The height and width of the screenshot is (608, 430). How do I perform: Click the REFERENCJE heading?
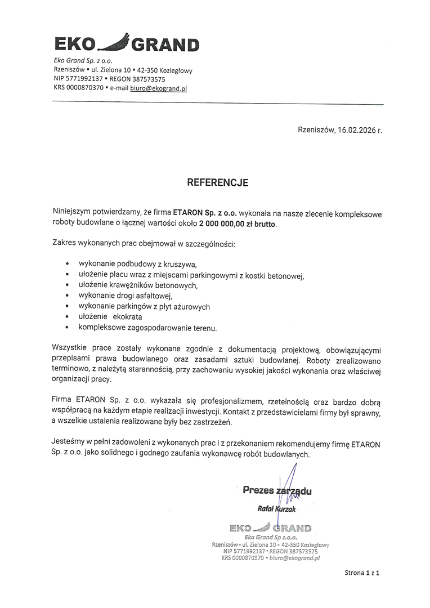[217, 183]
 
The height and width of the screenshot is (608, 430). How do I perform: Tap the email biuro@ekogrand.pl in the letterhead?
[159, 88]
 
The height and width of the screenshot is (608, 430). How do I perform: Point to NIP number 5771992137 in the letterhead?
[84, 79]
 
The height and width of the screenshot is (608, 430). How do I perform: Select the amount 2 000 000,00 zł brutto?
[238, 223]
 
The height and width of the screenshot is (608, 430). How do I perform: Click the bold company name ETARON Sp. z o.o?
[205, 213]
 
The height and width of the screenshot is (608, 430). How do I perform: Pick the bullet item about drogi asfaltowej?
[125, 296]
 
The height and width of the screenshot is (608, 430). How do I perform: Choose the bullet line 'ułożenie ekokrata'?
[110, 317]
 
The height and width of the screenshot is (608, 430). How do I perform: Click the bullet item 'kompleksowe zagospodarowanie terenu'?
[147, 328]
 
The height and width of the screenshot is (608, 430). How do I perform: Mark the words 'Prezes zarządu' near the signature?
[277, 490]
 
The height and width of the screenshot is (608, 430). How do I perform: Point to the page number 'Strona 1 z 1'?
[363, 573]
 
